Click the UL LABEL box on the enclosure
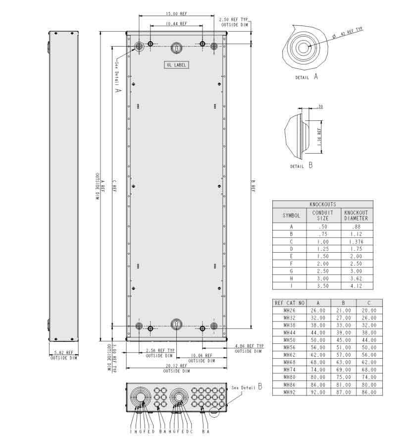[x=177, y=65]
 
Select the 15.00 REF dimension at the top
[x=176, y=13]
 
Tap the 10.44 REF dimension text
[x=176, y=23]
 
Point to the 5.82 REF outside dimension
[x=63, y=353]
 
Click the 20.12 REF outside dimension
[x=176, y=366]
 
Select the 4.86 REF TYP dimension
[x=249, y=346]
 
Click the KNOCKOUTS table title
[x=322, y=204]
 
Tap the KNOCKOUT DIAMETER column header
[x=356, y=216]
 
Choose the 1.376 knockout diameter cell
[x=356, y=241]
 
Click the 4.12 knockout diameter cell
[x=356, y=286]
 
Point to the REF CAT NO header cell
[x=289, y=303]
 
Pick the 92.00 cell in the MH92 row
[x=318, y=392]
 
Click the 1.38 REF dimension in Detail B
[x=319, y=134]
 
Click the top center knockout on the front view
[x=177, y=48]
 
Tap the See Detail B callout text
[x=246, y=387]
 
